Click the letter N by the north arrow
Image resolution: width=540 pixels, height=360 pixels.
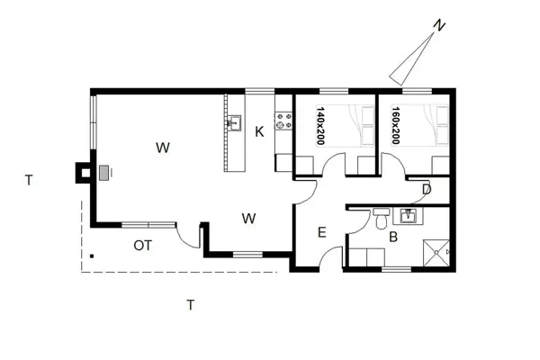[437, 26]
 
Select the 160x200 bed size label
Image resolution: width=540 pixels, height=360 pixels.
[395, 125]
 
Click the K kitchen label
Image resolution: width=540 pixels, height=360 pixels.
[258, 132]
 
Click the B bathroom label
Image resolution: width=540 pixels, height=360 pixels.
[392, 238]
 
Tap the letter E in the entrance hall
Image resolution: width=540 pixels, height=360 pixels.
[321, 233]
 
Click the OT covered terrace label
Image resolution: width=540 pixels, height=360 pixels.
[142, 245]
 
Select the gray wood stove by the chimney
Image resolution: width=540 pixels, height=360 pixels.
[105, 172]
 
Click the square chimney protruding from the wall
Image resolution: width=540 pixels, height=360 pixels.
[82, 171]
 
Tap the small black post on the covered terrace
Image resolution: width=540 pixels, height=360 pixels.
[90, 254]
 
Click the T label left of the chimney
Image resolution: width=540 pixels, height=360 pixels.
[29, 181]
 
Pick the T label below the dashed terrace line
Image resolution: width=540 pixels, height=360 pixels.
[190, 304]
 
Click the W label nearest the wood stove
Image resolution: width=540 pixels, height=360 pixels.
[163, 147]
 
